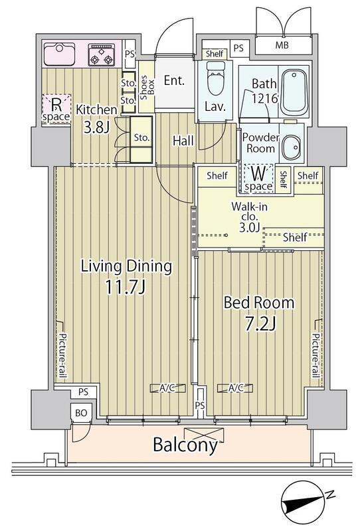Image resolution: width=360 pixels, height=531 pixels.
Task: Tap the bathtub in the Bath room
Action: coord(294,91)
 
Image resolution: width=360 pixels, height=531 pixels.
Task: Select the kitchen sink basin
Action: coord(59,54)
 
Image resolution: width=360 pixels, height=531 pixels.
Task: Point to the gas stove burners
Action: coord(101,54)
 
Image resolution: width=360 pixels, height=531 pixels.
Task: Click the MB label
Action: coord(282,45)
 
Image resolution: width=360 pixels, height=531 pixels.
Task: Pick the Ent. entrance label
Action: coord(174,80)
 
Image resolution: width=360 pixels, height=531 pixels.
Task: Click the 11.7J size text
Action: coord(126,287)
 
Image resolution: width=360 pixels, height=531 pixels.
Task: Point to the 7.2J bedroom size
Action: coord(260,324)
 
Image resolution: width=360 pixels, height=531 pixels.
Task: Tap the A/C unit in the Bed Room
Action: coord(235,388)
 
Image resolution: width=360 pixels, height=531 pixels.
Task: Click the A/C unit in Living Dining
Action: coord(168,388)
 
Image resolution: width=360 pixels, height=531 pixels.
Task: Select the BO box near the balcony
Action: coord(81,413)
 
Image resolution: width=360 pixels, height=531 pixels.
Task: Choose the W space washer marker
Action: coord(258,179)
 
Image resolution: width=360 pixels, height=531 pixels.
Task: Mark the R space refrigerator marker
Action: coord(56,109)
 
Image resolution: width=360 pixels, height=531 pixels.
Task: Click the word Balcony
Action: coord(185,445)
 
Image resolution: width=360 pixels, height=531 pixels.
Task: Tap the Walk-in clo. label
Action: coord(250,211)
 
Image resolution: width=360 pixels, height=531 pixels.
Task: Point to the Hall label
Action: coord(183,141)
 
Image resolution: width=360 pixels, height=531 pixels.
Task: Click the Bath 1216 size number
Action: coord(265,98)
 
